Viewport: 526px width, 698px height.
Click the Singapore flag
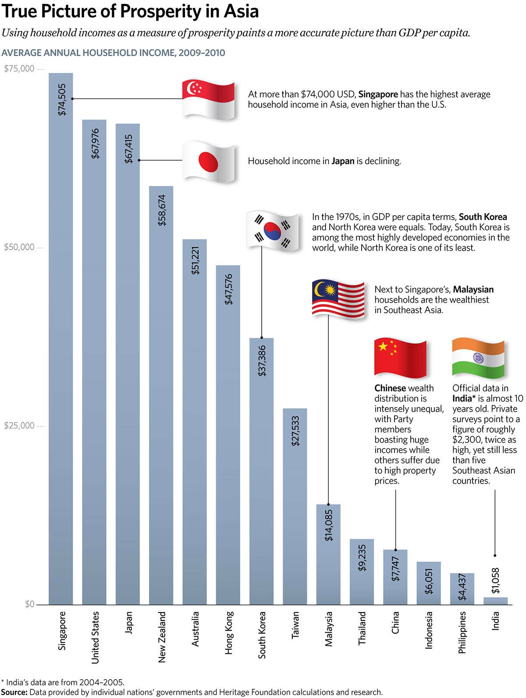click(x=209, y=100)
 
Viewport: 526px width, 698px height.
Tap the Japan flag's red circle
click(x=208, y=162)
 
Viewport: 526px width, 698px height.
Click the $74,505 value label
click(x=62, y=100)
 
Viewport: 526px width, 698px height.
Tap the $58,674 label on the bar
click(x=162, y=210)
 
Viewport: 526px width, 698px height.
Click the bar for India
click(x=495, y=601)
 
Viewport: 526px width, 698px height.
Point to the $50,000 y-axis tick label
click(x=19, y=247)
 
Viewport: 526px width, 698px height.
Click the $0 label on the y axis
click(x=29, y=604)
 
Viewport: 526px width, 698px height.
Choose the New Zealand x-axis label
click(x=162, y=637)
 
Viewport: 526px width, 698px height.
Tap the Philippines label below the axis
click(x=462, y=632)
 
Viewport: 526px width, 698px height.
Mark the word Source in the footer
click(x=14, y=692)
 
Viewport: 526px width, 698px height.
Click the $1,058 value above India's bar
click(x=495, y=581)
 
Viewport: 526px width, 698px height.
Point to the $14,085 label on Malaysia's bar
click(x=328, y=525)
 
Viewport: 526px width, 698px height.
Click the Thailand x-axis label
click(x=362, y=628)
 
